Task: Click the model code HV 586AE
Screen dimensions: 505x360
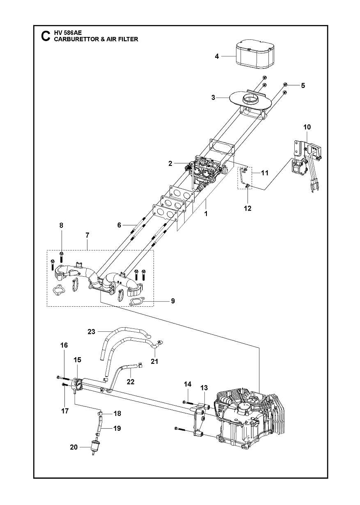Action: click(66, 33)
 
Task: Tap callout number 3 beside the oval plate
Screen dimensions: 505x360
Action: click(213, 98)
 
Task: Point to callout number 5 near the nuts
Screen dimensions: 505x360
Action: click(303, 85)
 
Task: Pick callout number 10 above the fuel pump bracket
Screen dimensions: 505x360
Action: click(307, 127)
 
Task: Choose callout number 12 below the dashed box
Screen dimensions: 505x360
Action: click(248, 208)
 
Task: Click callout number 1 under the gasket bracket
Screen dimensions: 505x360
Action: click(206, 214)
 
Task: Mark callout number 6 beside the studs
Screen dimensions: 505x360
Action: click(119, 225)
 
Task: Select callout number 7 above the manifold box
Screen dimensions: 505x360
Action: click(87, 235)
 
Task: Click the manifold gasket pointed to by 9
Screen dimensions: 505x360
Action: click(137, 302)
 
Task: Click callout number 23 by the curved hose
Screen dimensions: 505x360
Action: click(91, 331)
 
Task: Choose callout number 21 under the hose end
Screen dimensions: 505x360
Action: click(154, 362)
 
